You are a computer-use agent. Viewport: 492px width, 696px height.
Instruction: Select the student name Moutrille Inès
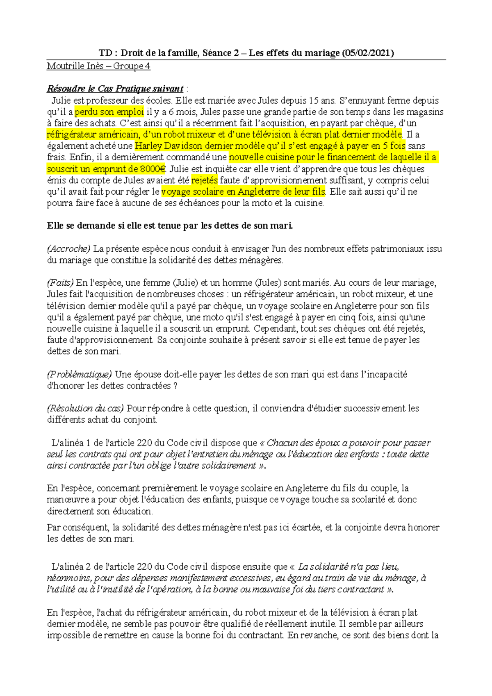pos(75,66)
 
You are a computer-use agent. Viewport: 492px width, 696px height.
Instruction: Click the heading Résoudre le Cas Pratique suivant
pos(115,89)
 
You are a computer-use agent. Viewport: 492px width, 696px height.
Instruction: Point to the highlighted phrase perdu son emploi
pos(109,112)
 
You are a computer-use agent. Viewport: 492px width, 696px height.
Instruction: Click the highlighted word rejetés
pos(205,180)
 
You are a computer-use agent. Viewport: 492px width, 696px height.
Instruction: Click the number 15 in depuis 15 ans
pos(313,100)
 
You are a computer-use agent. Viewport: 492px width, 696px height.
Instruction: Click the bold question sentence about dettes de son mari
pos(170,225)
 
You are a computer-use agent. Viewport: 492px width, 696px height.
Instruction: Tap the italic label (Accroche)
pos(68,248)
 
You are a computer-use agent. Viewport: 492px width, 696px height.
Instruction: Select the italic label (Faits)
pos(60,282)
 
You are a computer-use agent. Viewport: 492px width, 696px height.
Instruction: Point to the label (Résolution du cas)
pos(85,408)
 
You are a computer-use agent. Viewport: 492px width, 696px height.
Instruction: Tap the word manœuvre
pos(68,500)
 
